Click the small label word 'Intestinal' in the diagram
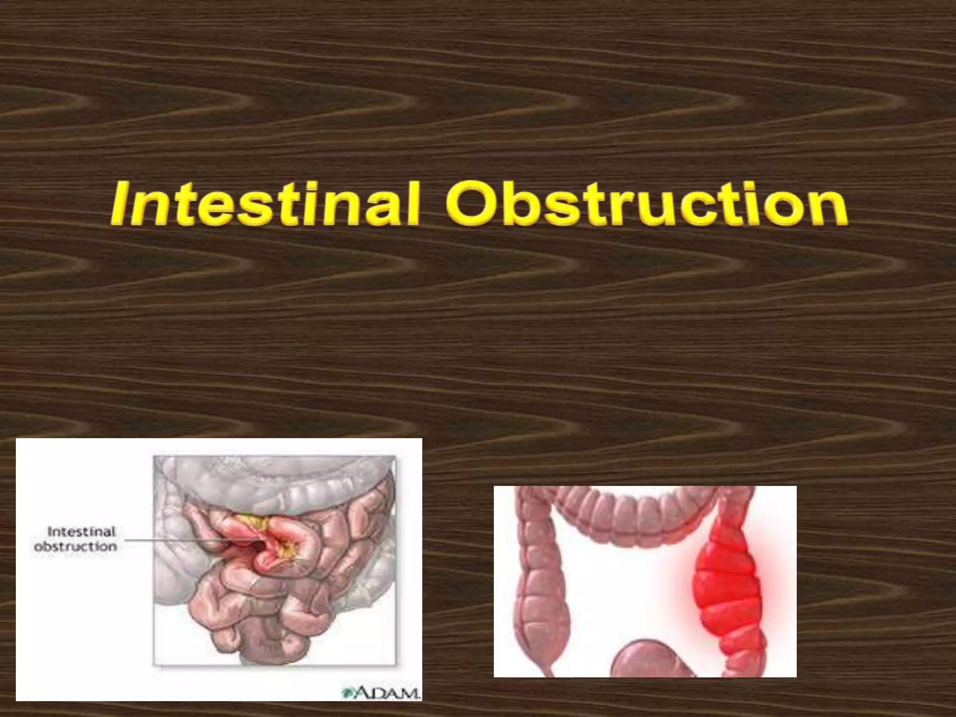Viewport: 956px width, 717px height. [81, 532]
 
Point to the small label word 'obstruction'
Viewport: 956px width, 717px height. [76, 546]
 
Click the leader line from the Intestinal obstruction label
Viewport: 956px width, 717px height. [187, 541]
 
